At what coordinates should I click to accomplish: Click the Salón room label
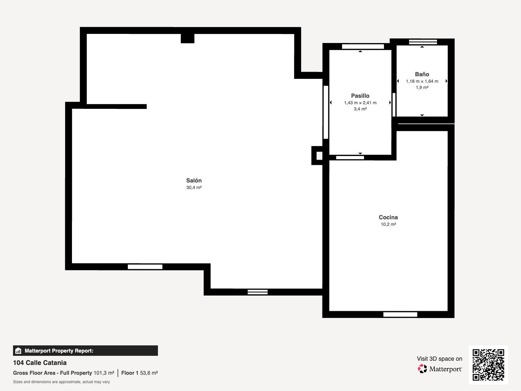pyautogui.click(x=194, y=181)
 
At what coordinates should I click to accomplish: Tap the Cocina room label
pyautogui.click(x=388, y=217)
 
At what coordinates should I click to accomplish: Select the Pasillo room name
pyautogui.click(x=360, y=96)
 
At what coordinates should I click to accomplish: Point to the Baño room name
pyautogui.click(x=422, y=74)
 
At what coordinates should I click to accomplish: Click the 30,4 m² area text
pyautogui.click(x=194, y=188)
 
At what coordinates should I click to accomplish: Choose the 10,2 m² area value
pyautogui.click(x=388, y=224)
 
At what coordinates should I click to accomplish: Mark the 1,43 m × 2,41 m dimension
pyautogui.click(x=360, y=103)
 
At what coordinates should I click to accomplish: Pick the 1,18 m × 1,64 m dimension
pyautogui.click(x=422, y=81)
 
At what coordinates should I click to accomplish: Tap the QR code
pyautogui.click(x=488, y=365)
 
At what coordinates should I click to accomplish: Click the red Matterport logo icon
pyautogui.click(x=422, y=369)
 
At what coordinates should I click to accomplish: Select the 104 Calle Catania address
pyautogui.click(x=40, y=363)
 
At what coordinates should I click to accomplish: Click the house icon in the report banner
pyautogui.click(x=18, y=351)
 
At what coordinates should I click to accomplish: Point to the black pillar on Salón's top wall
pyautogui.click(x=188, y=38)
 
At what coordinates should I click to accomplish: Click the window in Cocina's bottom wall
pyautogui.click(x=400, y=314)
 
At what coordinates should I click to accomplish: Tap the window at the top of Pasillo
pyautogui.click(x=363, y=47)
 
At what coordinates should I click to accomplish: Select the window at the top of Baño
pyautogui.click(x=423, y=42)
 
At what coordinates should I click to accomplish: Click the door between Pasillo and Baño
pyautogui.click(x=394, y=105)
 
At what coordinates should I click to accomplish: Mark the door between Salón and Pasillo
pyautogui.click(x=326, y=112)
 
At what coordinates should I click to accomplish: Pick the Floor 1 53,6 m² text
pyautogui.click(x=140, y=373)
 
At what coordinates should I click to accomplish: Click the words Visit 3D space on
pyautogui.click(x=440, y=359)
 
